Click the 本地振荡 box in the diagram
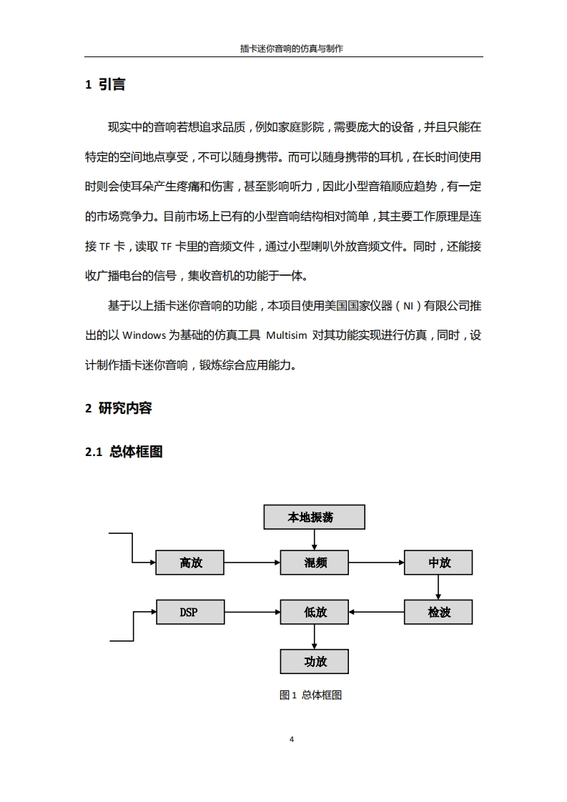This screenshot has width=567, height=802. [315, 517]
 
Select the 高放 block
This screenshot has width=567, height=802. [190, 563]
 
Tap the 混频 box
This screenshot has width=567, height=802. [315, 563]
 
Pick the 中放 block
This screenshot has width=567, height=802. [438, 563]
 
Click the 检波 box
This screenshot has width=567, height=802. [438, 612]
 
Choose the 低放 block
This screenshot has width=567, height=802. [315, 612]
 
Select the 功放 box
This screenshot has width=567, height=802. [315, 661]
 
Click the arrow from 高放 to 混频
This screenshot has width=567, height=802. [252, 563]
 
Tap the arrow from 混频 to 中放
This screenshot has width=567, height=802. [376, 563]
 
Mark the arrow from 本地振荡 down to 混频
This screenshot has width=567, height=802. [315, 540]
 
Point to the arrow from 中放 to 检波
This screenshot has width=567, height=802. [438, 587]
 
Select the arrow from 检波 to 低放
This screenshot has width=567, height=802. [376, 612]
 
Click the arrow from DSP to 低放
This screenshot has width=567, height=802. [252, 612]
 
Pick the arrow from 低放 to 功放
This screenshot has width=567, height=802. [315, 636]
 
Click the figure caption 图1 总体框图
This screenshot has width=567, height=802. [310, 695]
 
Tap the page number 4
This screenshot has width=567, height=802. [291, 739]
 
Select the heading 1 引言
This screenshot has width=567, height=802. [105, 84]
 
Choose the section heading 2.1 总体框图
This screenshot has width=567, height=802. [124, 452]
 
